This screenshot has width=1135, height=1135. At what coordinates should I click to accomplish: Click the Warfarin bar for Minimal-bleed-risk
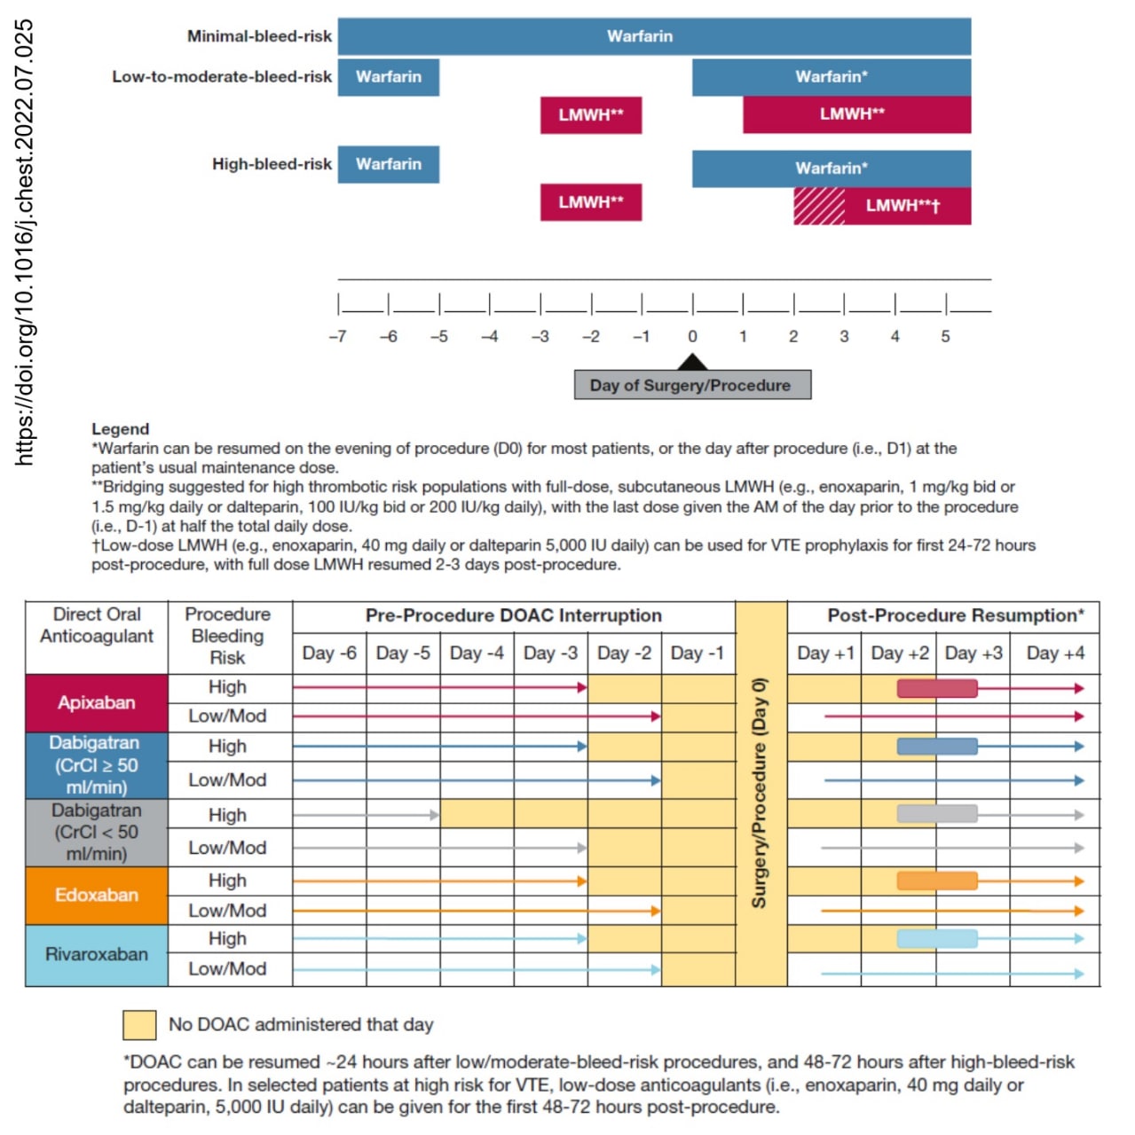pyautogui.click(x=654, y=36)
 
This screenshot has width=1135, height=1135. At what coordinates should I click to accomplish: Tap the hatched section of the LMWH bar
pyautogui.click(x=819, y=206)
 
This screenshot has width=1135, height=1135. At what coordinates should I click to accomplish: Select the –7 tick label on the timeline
pyautogui.click(x=338, y=336)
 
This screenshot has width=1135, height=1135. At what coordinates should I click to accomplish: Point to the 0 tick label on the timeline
pyautogui.click(x=692, y=336)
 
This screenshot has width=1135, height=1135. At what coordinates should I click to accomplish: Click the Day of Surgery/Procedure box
pyautogui.click(x=692, y=385)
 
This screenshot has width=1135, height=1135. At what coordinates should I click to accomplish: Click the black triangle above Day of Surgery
pyautogui.click(x=692, y=362)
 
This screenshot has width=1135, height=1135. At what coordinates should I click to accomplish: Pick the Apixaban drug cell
pyautogui.click(x=97, y=702)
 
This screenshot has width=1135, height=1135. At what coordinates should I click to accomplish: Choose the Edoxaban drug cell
pyautogui.click(x=97, y=896)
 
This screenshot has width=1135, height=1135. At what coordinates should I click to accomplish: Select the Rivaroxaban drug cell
pyautogui.click(x=97, y=955)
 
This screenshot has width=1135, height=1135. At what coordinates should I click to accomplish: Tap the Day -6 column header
pyautogui.click(x=329, y=653)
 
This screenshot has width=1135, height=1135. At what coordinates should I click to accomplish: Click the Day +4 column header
pyautogui.click(x=1055, y=653)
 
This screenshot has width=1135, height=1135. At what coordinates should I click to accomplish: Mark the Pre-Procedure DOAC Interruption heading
pyautogui.click(x=514, y=615)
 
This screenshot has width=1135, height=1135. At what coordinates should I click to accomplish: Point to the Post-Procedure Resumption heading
pyautogui.click(x=955, y=615)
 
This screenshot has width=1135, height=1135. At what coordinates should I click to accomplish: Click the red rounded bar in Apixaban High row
pyautogui.click(x=937, y=688)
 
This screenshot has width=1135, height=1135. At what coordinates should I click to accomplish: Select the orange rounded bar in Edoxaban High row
pyautogui.click(x=937, y=881)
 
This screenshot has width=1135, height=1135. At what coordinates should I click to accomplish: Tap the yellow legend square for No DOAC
pyautogui.click(x=139, y=1025)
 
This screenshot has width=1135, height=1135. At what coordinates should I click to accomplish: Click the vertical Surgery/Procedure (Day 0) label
pyautogui.click(x=760, y=793)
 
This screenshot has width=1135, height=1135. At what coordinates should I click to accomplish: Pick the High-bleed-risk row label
pyautogui.click(x=272, y=164)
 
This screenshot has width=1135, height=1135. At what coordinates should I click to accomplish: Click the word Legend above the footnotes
pyautogui.click(x=121, y=429)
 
